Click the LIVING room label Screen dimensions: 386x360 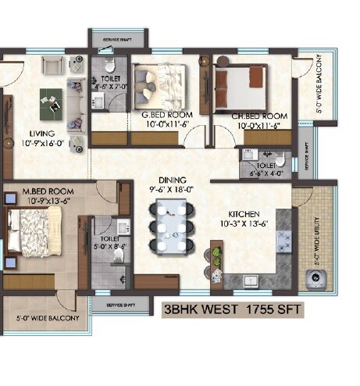(x=37, y=133)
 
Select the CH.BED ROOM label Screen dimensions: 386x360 (x=258, y=116)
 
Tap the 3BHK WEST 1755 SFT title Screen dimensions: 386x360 (x=233, y=310)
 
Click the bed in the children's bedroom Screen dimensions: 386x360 (x=239, y=80)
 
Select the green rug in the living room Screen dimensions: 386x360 (x=52, y=100)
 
